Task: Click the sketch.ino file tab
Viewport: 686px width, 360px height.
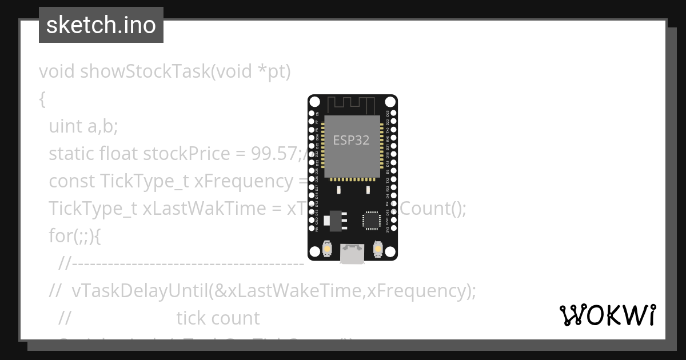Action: [101, 25]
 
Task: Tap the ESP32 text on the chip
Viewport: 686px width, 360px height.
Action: [351, 140]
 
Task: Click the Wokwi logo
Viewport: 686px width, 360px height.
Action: [608, 315]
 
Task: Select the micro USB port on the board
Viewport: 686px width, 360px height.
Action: [352, 253]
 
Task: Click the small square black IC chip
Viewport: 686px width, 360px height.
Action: [371, 220]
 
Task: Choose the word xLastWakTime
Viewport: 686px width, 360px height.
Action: [212, 208]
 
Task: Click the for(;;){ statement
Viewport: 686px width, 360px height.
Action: [75, 235]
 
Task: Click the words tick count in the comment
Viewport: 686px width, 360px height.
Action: [218, 318]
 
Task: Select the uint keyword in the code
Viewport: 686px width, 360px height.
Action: [65, 126]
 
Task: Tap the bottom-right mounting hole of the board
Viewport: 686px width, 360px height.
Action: [390, 251]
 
